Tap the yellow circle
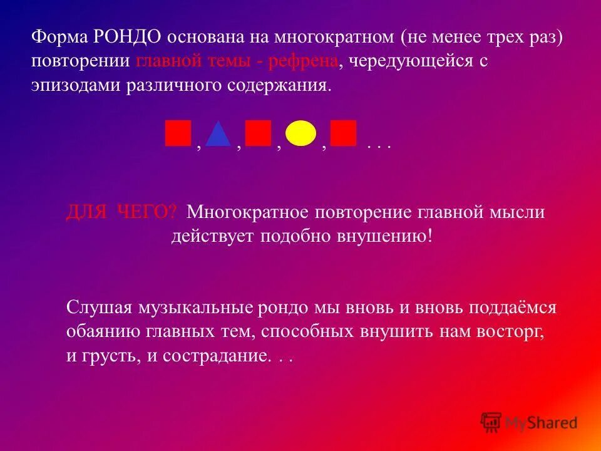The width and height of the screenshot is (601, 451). (300, 133)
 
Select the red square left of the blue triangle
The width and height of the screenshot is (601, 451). (178, 133)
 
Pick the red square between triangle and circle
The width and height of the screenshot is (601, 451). (258, 133)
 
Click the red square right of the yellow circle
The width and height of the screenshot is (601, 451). (343, 133)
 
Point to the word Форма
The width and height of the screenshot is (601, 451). (59, 37)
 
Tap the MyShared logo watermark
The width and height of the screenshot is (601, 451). (529, 423)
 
